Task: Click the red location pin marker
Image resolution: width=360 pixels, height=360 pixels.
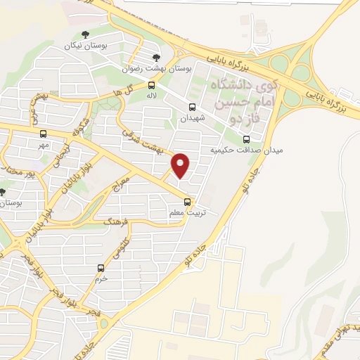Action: pos(181,165)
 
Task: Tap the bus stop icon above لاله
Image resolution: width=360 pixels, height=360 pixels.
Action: pos(150,84)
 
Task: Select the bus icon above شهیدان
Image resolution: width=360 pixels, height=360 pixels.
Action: pos(192,107)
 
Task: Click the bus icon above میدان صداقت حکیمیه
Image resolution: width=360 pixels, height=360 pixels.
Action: pos(245,139)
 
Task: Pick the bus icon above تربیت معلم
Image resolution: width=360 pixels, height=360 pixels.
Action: pos(186,201)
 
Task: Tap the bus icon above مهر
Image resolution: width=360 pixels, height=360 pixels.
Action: pos(44,133)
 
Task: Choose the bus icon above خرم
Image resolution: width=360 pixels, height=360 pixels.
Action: pos(101,268)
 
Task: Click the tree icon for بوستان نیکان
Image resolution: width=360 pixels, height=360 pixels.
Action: pos(85,34)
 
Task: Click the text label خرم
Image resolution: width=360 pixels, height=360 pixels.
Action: pos(101,278)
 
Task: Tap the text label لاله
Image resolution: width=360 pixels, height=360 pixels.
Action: pos(150,95)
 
